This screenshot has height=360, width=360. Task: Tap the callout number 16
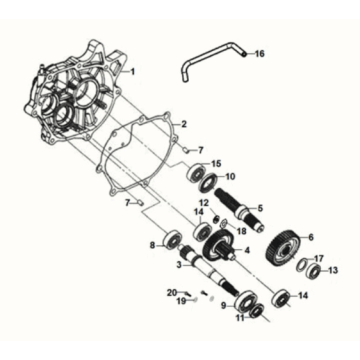pos(262,54)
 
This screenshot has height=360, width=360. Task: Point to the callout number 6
pos(311,237)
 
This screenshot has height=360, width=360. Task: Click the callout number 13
pos(333,270)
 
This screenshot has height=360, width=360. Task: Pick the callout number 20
pos(172,291)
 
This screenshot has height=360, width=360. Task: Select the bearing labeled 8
pos(173,241)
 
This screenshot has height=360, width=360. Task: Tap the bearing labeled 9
pos(245,302)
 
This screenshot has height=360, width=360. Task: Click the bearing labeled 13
pos(315,270)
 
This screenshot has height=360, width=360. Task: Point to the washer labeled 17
pos(300,264)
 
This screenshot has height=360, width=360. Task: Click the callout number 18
pos(241,229)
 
